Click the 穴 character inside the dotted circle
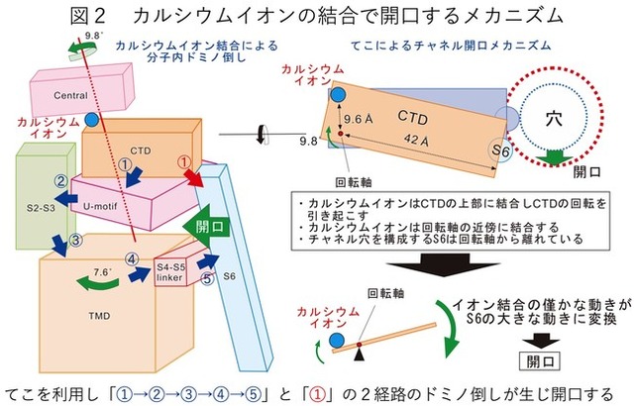(555, 118)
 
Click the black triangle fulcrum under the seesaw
(360, 352)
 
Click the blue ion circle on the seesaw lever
(337, 343)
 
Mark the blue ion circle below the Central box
(91, 120)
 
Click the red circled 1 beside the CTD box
(182, 161)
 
